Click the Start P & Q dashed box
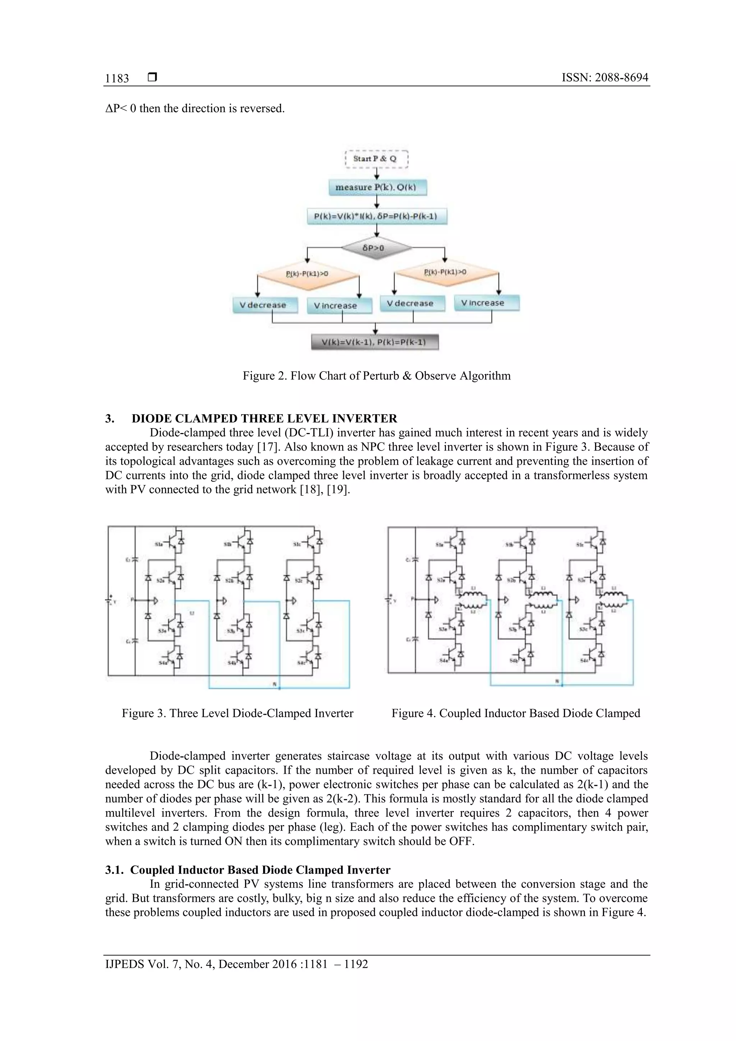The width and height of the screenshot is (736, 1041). click(x=376, y=159)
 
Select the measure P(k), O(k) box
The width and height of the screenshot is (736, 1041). click(x=377, y=187)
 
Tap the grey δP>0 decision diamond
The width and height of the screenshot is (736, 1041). click(x=376, y=248)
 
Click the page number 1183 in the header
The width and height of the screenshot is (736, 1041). click(x=117, y=78)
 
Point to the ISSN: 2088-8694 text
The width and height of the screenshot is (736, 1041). click(x=604, y=78)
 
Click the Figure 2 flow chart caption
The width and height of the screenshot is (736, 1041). click(x=376, y=376)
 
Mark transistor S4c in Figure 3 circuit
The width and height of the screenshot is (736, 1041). click(x=312, y=656)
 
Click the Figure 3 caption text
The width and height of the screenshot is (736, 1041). click(x=237, y=713)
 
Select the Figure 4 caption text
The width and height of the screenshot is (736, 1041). click(x=516, y=713)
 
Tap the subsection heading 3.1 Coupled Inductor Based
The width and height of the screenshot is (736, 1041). click(x=248, y=870)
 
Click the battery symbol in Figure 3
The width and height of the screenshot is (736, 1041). click(x=109, y=600)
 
